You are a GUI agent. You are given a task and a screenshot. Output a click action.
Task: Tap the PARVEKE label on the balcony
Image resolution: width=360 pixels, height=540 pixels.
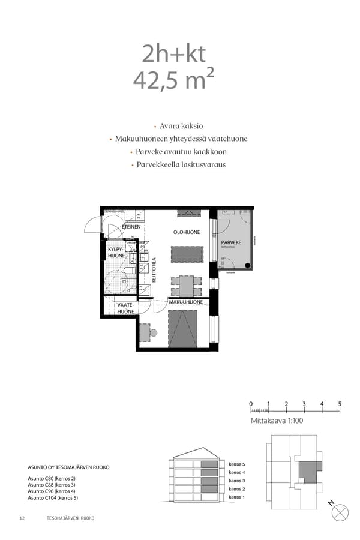pos(230,242)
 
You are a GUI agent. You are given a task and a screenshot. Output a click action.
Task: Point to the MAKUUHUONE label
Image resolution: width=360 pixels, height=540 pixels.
pos(185,302)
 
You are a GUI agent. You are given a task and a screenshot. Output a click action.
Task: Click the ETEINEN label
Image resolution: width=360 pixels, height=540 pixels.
pos(131,227)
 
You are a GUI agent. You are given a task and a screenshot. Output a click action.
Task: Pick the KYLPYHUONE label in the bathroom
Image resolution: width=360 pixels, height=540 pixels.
pos(116,252)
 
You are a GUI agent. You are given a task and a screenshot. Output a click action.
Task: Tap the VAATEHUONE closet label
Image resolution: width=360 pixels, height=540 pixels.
pos(125,308)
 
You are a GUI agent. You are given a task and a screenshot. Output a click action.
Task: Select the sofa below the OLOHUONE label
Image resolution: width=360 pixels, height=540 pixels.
pos(187,254)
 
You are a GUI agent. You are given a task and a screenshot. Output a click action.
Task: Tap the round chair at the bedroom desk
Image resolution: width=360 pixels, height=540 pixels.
pos(154,332)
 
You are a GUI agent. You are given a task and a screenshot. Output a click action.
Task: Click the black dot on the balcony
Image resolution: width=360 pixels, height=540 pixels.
pos(247,265)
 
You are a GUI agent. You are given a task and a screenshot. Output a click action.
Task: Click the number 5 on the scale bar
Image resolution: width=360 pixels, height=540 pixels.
pos(340,404)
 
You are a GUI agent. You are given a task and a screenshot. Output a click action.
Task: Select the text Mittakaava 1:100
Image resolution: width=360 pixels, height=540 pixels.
pos(277,422)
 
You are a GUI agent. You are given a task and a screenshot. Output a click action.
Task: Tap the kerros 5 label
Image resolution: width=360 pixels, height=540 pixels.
pos(237,464)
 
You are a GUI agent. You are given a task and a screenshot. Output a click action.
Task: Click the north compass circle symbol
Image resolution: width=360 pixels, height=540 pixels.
pos(340,512)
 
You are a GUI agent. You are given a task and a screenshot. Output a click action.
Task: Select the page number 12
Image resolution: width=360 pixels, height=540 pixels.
pos(22,518)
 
